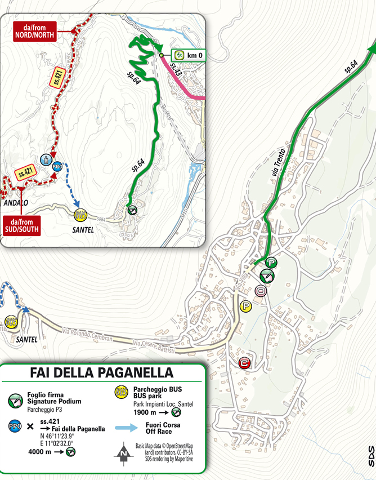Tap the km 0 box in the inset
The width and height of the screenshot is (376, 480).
(x=190, y=55)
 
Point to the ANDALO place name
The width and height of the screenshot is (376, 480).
(x=15, y=202)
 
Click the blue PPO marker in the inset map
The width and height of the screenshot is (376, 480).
(x=56, y=167)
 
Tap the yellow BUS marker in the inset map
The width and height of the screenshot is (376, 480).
(x=80, y=214)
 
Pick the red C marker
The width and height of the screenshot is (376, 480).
(x=244, y=363)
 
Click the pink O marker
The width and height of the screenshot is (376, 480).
(x=260, y=291)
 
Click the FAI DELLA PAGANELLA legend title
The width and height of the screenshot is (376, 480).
(x=101, y=373)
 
